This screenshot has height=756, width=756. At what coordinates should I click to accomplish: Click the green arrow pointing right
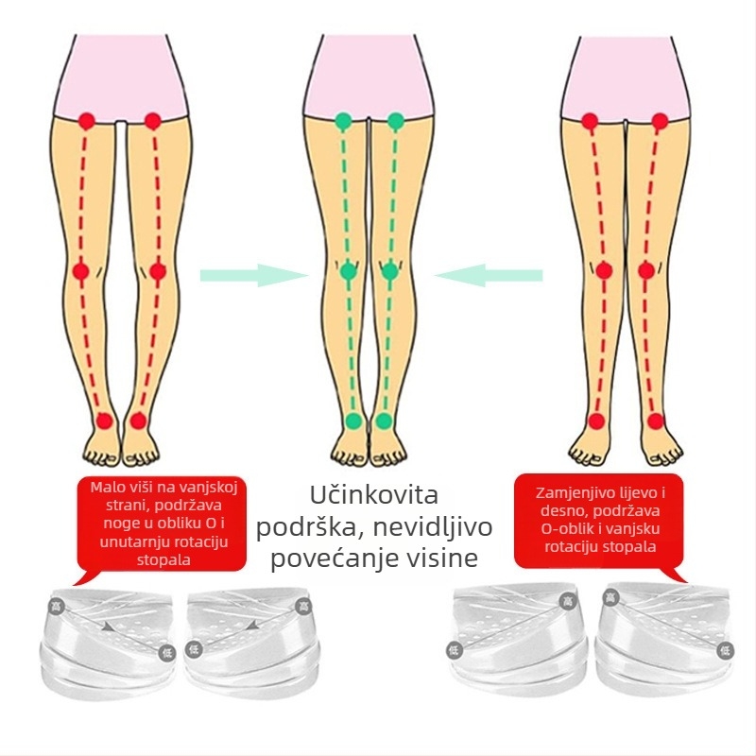(x=254, y=275)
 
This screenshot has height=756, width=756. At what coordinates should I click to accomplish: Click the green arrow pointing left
(x=489, y=275)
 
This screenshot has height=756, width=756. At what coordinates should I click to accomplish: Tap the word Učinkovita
(x=373, y=495)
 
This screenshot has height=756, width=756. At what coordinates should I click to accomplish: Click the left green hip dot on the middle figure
(x=343, y=121)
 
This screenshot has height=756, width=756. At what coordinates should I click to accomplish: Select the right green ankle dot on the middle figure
(x=384, y=421)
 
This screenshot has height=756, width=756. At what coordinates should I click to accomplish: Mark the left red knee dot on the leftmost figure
(x=81, y=271)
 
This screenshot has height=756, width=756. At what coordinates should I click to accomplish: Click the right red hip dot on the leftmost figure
(x=152, y=121)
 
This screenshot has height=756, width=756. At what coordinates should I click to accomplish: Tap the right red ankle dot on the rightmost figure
(x=655, y=421)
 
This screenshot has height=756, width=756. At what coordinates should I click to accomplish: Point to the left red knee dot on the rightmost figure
(x=603, y=270)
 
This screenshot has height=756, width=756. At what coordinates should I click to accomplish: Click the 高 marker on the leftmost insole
(x=58, y=605)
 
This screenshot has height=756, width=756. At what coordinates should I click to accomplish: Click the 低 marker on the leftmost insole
(x=167, y=653)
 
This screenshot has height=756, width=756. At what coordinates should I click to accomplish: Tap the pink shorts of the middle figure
(x=368, y=77)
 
